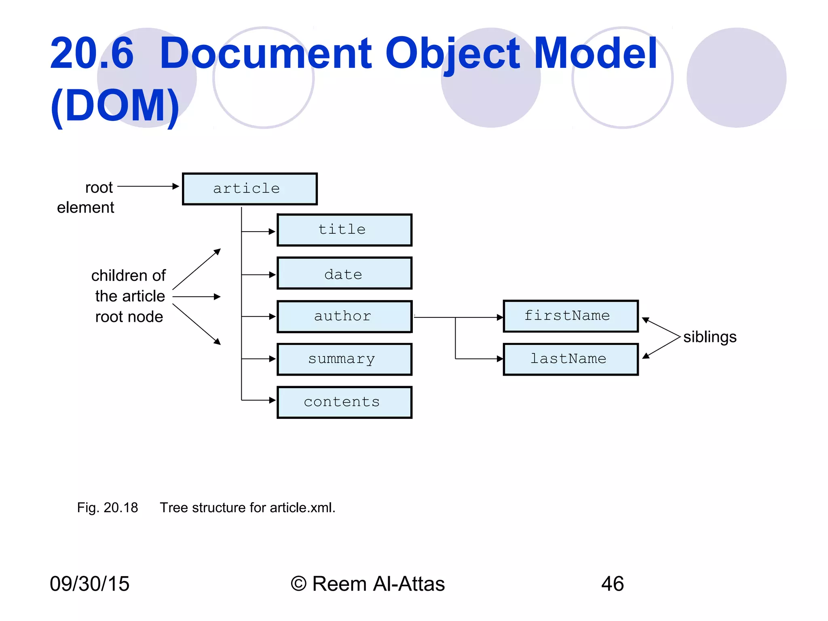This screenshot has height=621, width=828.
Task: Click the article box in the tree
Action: click(249, 189)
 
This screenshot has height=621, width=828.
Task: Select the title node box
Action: click(344, 230)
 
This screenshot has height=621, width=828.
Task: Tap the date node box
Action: click(344, 273)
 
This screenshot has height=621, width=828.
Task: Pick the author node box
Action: click(344, 317)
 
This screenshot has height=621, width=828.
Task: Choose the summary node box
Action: click(344, 359)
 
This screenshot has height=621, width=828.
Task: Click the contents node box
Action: click(344, 402)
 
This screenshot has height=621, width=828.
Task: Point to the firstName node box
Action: click(570, 316)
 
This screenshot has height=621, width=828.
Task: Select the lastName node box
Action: click(570, 359)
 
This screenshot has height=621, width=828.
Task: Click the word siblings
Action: click(710, 337)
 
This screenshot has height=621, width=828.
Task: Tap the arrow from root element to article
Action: click(148, 186)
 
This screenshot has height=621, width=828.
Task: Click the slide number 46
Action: click(612, 584)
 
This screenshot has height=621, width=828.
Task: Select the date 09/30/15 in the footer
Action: click(89, 584)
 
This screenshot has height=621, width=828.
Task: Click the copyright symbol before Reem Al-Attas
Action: click(298, 584)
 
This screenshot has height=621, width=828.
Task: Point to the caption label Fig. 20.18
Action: click(108, 508)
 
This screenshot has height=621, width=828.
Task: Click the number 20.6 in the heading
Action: click(92, 53)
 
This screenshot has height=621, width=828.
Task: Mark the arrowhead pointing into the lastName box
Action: click(500, 359)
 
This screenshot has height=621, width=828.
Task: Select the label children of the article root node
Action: click(129, 296)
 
